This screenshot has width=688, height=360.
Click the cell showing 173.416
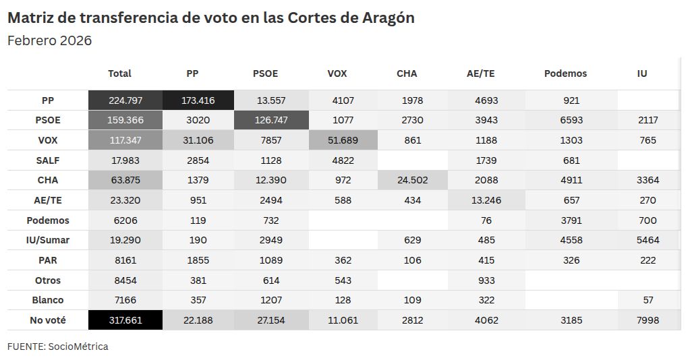(198, 100)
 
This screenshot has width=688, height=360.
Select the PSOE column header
(266, 73)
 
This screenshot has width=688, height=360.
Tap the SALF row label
(48, 160)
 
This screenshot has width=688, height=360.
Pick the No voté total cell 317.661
(125, 320)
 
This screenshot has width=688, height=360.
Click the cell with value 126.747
(271, 120)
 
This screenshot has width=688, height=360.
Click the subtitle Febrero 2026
(50, 40)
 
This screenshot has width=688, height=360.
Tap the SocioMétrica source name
(78, 347)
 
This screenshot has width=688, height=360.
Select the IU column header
(642, 73)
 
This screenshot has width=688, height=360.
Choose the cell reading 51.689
(343, 140)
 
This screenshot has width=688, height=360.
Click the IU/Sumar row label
(48, 240)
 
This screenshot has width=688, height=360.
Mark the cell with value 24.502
(412, 180)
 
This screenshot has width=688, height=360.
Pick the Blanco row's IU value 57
(648, 301)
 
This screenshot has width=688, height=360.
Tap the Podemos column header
(566, 73)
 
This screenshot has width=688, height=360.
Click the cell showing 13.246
(486, 200)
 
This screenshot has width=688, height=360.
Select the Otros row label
(48, 280)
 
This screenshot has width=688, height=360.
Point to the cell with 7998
(648, 320)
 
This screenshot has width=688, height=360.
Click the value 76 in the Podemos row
(486, 220)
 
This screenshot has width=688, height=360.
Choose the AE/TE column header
(480, 73)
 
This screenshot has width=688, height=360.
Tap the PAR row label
(48, 260)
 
